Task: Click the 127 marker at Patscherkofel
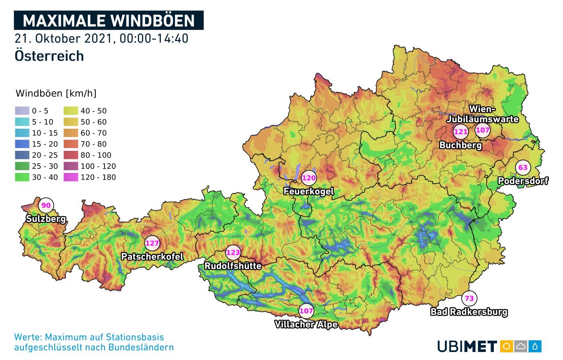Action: (152, 243)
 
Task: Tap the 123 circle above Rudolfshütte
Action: (233, 253)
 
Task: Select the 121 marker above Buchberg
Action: (460, 132)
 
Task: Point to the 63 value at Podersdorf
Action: (523, 168)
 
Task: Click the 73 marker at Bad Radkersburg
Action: (469, 298)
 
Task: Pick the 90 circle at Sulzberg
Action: (46, 206)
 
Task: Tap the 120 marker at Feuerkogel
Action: (309, 178)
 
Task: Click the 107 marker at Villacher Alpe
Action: (306, 311)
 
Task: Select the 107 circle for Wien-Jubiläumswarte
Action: (483, 130)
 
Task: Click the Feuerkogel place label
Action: (308, 191)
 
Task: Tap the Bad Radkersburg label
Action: (469, 312)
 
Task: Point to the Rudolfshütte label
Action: (233, 266)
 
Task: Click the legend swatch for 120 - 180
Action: (71, 177)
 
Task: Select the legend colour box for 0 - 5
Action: (22, 111)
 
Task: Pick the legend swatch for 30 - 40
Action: (22, 177)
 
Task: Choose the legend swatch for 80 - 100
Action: (71, 155)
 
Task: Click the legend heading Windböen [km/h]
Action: (56, 93)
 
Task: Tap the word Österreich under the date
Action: (49, 56)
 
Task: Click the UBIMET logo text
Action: (467, 346)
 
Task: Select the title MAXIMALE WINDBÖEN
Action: (109, 21)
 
